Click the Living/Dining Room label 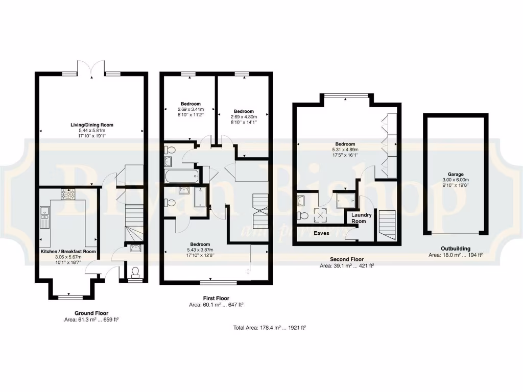[x=92, y=125]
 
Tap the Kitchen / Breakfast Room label [x=68, y=252]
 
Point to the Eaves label [x=321, y=233]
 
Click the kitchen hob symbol [x=68, y=193]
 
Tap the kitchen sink [x=44, y=217]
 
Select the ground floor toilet [x=135, y=271]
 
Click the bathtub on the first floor [x=181, y=177]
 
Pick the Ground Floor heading [x=91, y=313]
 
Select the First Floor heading [x=216, y=298]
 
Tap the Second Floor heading [x=346, y=259]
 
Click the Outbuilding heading [x=456, y=249]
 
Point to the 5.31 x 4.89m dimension [x=345, y=150]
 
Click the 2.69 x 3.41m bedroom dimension [x=191, y=109]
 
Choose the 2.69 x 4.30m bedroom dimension [x=244, y=117]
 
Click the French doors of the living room [x=92, y=68]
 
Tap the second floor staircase [x=387, y=225]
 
